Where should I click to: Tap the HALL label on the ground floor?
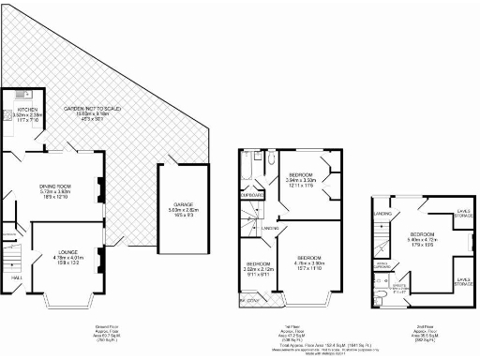(16, 277)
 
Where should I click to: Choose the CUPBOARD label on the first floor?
(253, 195)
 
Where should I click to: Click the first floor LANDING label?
(269, 228)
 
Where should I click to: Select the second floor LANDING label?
(382, 214)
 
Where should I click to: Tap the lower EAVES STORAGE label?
(463, 278)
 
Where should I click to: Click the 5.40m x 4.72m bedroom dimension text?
(422, 239)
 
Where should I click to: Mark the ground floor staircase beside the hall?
(12, 253)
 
